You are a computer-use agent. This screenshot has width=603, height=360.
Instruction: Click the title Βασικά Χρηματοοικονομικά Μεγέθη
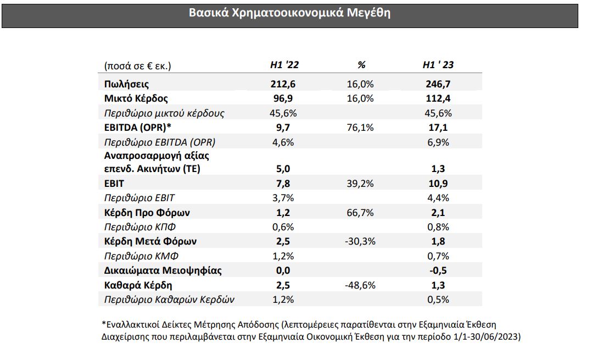289,13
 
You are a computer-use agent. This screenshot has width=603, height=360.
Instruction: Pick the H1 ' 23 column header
438,65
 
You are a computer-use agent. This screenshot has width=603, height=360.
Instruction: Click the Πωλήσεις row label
126,84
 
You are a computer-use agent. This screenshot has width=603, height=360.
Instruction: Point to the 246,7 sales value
438,84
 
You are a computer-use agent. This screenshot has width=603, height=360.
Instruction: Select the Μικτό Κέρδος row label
136,98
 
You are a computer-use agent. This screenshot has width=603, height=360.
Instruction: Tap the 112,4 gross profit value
438,98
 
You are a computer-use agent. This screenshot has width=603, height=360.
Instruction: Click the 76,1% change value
361,128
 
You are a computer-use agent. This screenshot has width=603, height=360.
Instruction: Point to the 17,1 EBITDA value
438,128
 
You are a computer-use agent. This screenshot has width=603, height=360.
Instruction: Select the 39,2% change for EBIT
361,184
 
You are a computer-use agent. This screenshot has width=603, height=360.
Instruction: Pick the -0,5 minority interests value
438,270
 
